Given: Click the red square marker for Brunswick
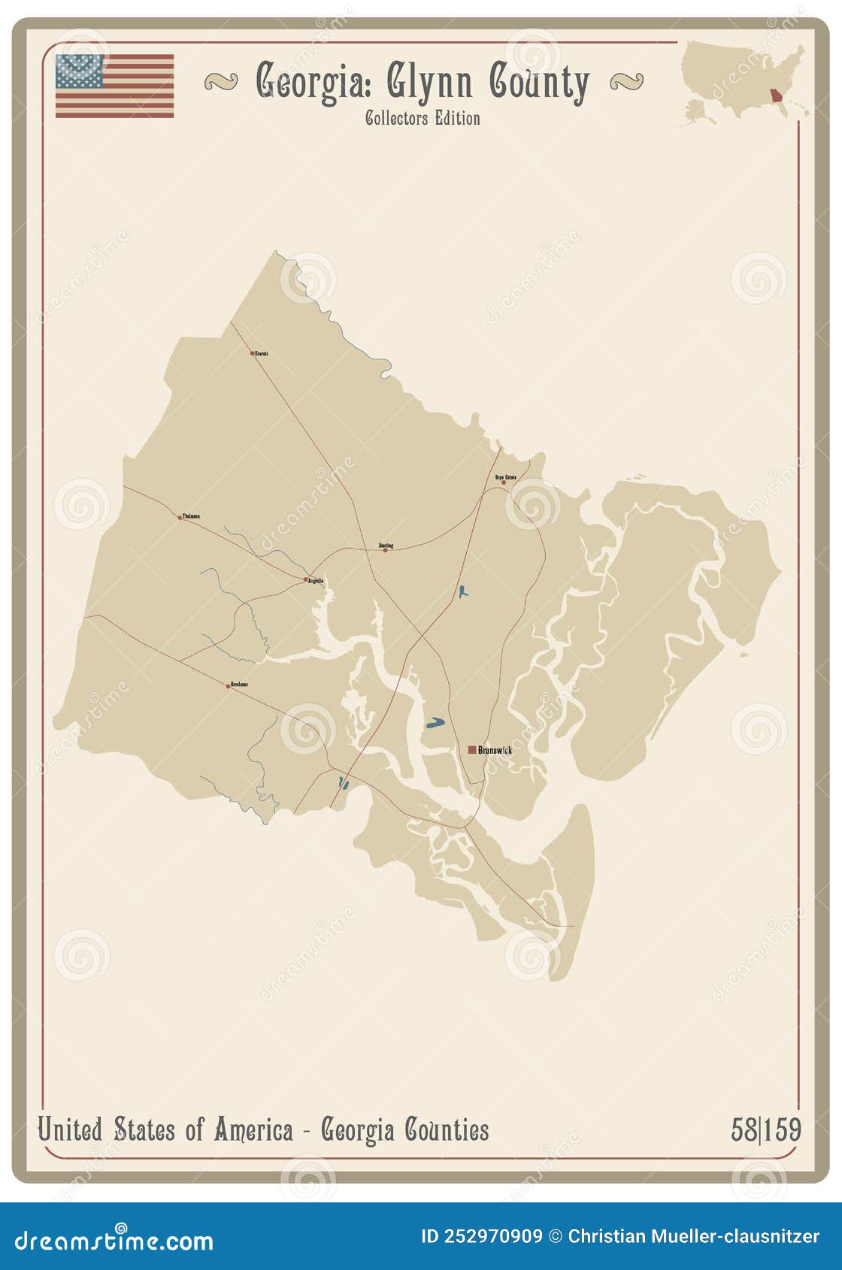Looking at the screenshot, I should pyautogui.click(x=472, y=749).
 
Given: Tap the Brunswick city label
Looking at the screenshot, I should pyautogui.click(x=495, y=750).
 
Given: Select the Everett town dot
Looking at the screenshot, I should pyautogui.click(x=253, y=353).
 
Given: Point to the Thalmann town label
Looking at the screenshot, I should pyautogui.click(x=191, y=516).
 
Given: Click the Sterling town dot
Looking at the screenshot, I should pyautogui.click(x=386, y=550).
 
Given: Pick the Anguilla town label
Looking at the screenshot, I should pyautogui.click(x=317, y=581).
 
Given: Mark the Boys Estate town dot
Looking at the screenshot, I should pyautogui.click(x=504, y=482).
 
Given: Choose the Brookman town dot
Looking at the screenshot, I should pyautogui.click(x=229, y=686).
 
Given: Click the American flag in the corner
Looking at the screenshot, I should pyautogui.click(x=114, y=86).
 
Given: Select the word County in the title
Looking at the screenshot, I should pyautogui.click(x=539, y=82).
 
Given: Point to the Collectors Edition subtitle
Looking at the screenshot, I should pyautogui.click(x=423, y=118).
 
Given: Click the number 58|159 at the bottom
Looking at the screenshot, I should pyautogui.click(x=765, y=1130).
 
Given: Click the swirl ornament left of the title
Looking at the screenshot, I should pyautogui.click(x=221, y=81).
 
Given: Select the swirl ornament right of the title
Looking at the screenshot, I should pyautogui.click(x=626, y=81).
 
